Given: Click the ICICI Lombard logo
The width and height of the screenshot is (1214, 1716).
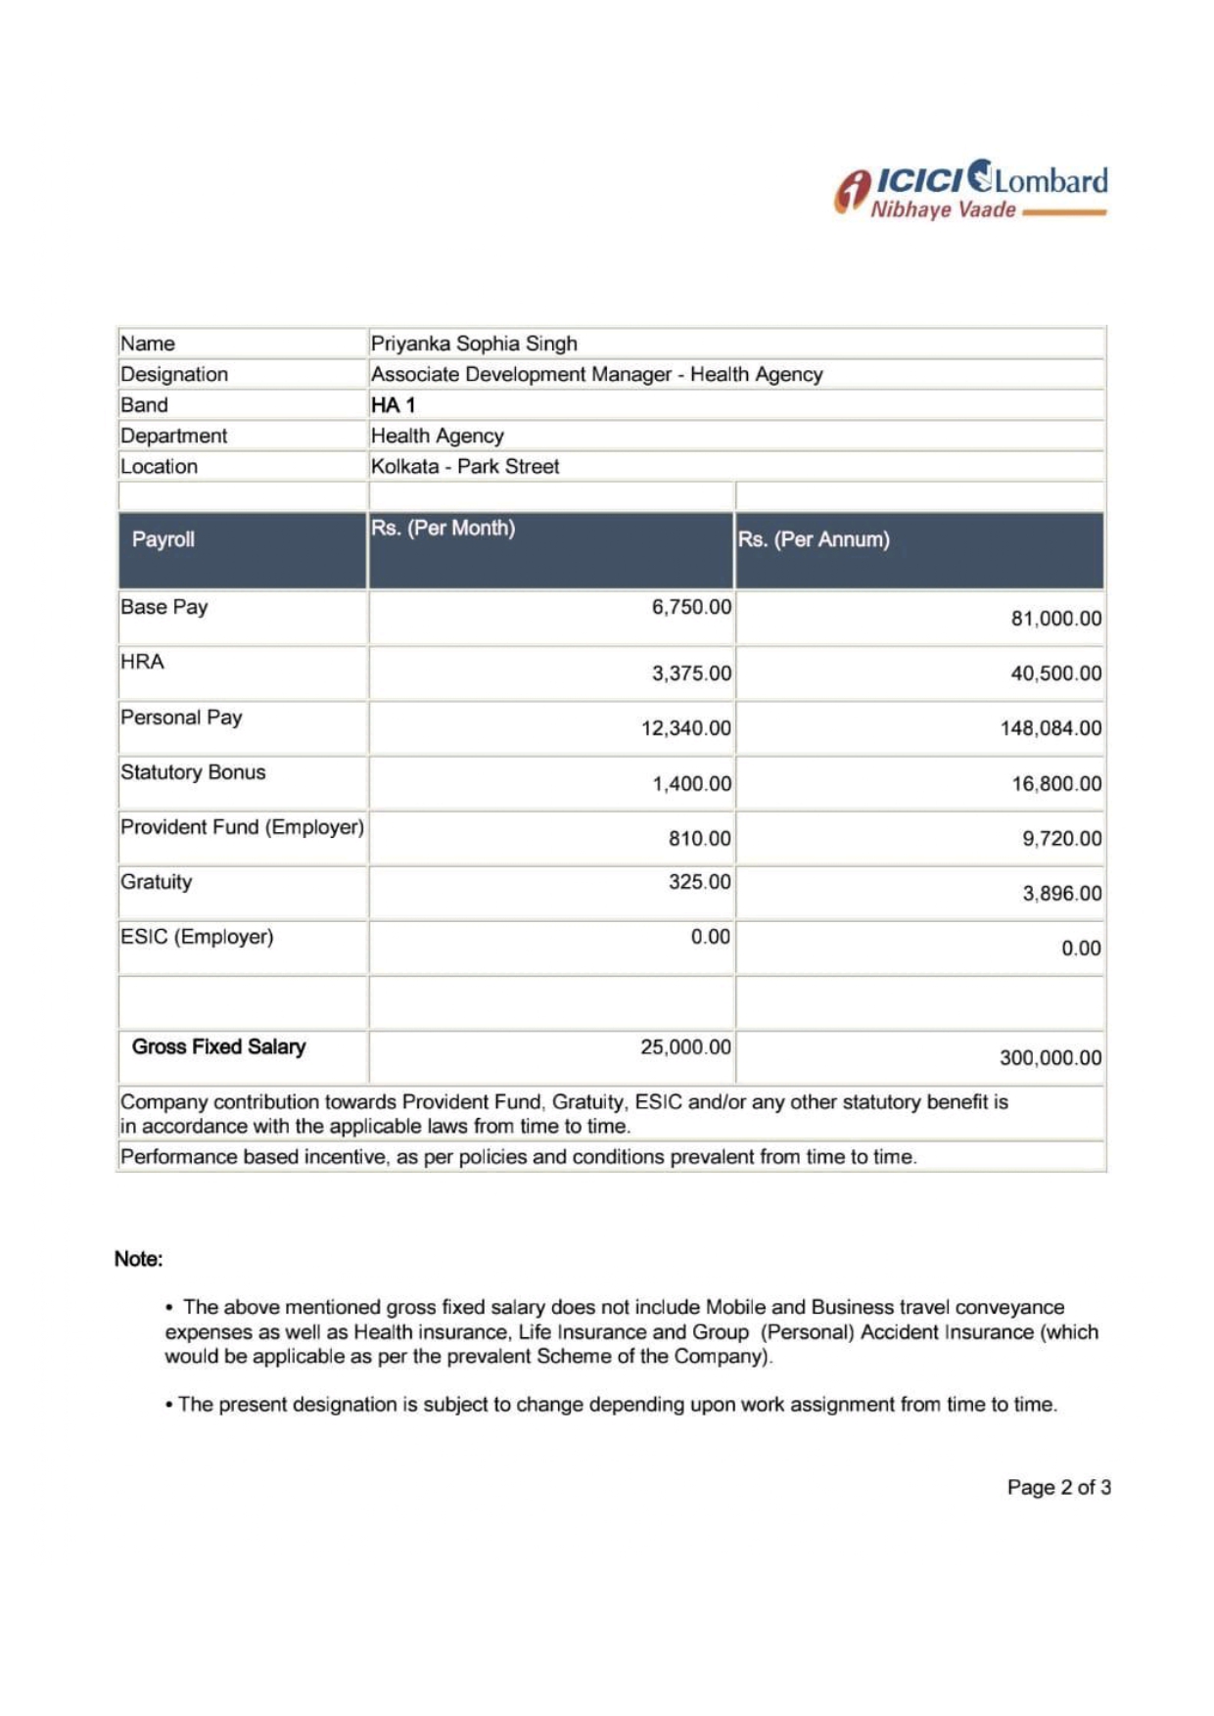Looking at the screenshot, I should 970,187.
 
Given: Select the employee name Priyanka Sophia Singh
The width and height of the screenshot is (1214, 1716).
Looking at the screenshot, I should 474,344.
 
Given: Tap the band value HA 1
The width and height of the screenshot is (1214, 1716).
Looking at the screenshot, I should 393,405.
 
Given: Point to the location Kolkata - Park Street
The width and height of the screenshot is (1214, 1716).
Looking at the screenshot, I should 465,467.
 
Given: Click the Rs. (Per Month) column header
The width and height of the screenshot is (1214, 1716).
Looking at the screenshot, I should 443,529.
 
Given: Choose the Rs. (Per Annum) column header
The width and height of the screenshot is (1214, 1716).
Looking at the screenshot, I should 814,539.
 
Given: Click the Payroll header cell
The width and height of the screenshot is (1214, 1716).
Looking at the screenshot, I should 163,539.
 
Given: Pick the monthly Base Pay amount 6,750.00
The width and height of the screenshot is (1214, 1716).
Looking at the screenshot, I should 691,607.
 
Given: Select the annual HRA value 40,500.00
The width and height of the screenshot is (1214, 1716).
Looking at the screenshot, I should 1055,673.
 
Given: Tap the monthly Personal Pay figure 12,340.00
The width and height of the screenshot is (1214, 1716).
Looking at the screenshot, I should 685,728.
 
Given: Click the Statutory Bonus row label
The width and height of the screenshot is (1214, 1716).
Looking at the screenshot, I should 193,772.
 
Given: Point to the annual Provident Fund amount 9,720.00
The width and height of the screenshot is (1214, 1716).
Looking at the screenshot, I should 1061,839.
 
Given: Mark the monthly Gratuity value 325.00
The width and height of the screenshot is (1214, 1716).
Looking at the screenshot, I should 699,882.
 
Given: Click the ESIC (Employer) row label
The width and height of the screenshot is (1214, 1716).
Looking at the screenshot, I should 197,937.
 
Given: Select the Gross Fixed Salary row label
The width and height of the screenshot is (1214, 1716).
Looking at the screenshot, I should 218,1047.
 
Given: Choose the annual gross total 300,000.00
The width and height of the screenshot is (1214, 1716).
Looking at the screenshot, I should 1050,1058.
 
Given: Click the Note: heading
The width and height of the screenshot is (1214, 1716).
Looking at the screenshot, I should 138,1259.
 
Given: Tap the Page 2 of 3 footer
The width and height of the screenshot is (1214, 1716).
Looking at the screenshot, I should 1058,1488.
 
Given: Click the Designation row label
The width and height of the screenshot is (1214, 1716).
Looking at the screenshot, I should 174,375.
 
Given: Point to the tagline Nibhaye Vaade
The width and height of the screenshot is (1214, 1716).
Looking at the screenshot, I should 943,210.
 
